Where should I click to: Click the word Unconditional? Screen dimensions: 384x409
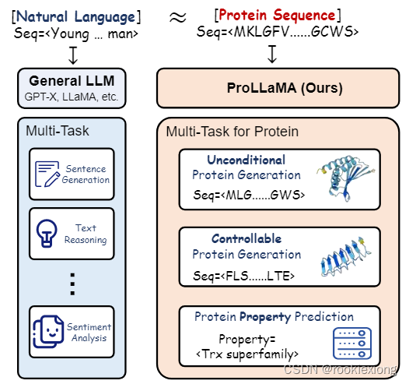click(x=246, y=159)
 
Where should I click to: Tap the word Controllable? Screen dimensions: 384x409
click(x=246, y=238)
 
